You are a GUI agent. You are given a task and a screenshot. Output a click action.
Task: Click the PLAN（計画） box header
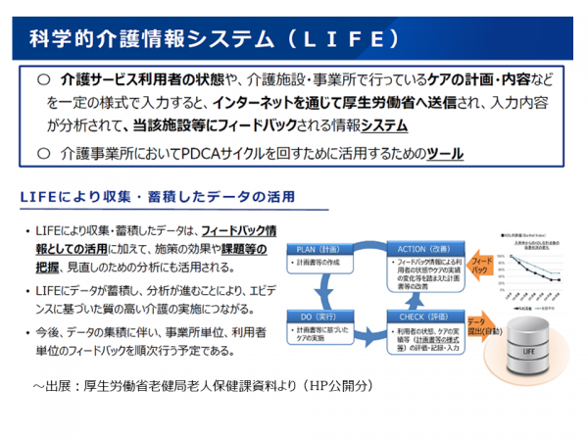316,249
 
